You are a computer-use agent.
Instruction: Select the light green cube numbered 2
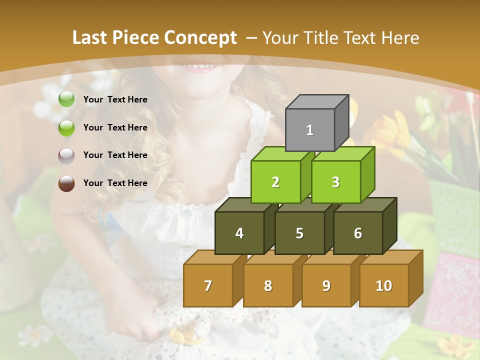(275, 182)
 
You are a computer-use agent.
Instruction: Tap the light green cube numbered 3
(335, 182)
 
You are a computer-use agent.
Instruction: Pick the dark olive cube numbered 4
(239, 233)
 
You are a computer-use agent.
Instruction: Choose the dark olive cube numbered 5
(299, 233)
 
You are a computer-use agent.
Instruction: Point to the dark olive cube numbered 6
(358, 233)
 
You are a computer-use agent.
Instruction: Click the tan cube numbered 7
(208, 285)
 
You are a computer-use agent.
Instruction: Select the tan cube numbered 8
(268, 285)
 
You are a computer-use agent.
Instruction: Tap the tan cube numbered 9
(326, 285)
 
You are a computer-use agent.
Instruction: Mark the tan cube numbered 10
(384, 285)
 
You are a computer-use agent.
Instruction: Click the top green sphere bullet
(66, 99)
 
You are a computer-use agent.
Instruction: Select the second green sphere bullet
(66, 127)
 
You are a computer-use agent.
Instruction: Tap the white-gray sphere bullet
(66, 155)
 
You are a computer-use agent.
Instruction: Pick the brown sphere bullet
(66, 183)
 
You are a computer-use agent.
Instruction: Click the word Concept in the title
(200, 38)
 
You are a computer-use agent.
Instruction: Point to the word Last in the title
(91, 38)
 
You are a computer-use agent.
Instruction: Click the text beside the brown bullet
(115, 183)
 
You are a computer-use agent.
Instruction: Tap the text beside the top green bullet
(115, 99)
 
